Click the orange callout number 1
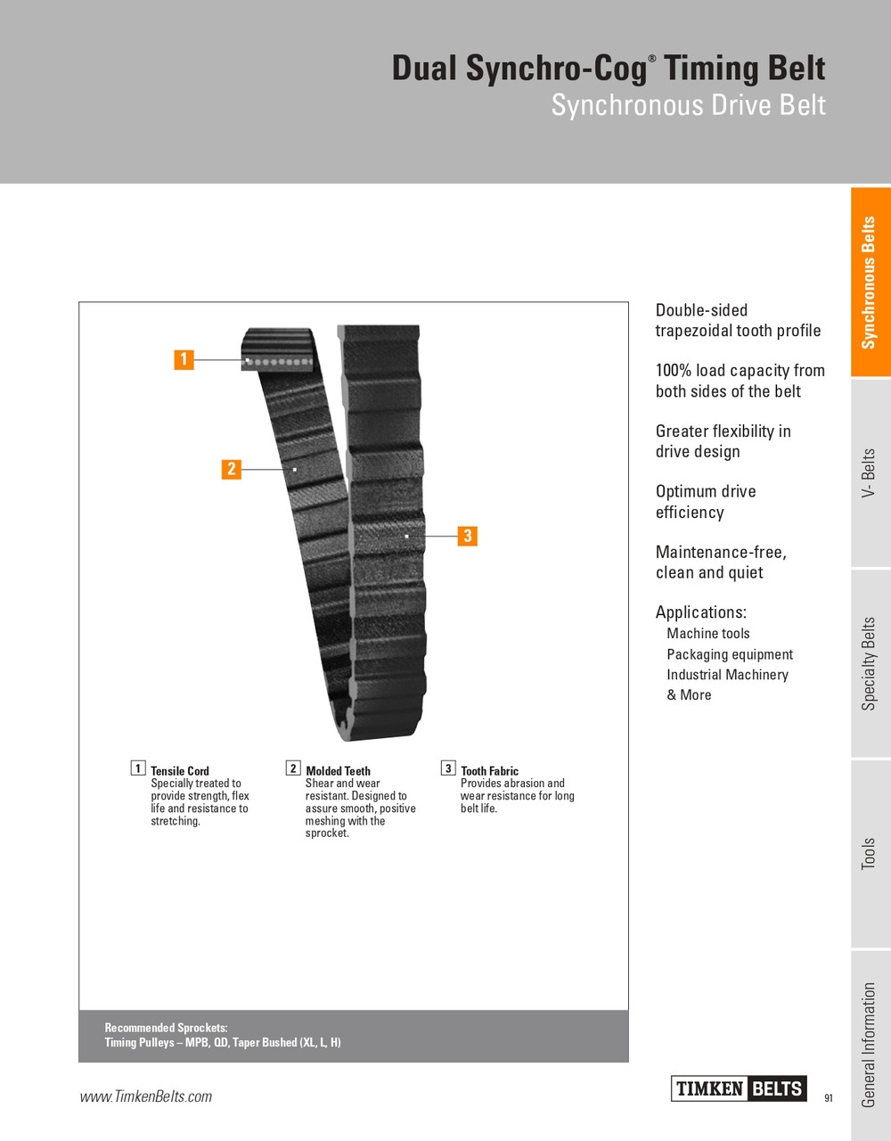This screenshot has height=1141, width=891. (184, 359)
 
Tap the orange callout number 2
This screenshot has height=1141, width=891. (232, 469)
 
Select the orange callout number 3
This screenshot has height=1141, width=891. (467, 536)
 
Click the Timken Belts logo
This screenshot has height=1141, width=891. (739, 1088)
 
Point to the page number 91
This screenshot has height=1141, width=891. (829, 1098)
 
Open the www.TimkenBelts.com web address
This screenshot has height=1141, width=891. (146, 1096)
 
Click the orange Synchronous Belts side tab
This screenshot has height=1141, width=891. (870, 283)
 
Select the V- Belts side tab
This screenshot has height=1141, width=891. (870, 473)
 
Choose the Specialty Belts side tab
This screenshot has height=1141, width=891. (870, 664)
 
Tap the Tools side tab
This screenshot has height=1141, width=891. (870, 854)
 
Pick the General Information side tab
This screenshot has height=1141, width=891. (870, 1045)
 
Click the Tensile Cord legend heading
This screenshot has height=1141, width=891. (180, 771)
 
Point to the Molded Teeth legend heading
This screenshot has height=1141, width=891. (338, 771)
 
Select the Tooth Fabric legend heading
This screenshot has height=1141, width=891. (489, 771)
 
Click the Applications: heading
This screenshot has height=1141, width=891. (701, 612)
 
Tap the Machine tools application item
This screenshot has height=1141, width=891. (708, 634)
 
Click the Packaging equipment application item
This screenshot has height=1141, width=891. (730, 654)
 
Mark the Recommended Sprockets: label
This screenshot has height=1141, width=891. (166, 1028)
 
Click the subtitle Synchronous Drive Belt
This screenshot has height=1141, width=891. (688, 105)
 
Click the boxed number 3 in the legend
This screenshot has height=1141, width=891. (448, 768)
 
